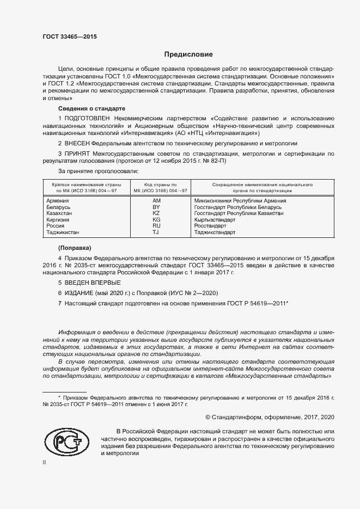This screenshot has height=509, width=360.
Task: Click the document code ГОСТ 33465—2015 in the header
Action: tap(69, 37)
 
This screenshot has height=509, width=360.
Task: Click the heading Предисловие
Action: tap(188, 54)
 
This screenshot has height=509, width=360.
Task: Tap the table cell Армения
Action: tap(60, 201)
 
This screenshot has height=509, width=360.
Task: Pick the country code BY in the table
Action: tap(156, 207)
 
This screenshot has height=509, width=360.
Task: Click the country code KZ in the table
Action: tap(156, 213)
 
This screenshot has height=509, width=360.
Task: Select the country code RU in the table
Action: tap(156, 225)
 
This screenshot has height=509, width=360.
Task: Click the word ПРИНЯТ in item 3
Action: tap(78, 154)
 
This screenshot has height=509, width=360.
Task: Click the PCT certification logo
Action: tap(67, 441)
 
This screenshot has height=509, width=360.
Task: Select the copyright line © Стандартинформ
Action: tap(270, 417)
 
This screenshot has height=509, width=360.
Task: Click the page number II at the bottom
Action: tap(44, 462)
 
